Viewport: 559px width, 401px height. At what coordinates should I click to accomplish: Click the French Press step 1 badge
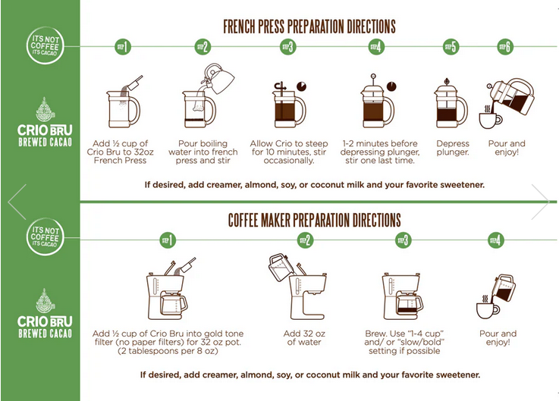[x=123, y=47]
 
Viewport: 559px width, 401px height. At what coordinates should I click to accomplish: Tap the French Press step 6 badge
[x=505, y=47]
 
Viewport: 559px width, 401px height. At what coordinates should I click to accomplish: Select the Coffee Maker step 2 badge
[x=306, y=240]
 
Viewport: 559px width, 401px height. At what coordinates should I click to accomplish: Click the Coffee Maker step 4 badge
[x=496, y=240]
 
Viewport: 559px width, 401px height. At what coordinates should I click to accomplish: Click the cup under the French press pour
[x=490, y=120]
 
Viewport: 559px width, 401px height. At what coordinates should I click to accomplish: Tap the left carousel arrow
[x=17, y=202]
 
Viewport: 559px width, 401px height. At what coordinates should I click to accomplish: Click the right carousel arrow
[x=541, y=202]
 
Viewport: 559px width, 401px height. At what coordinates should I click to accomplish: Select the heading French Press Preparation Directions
[x=309, y=27]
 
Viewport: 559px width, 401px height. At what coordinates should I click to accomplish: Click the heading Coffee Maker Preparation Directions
[x=315, y=220]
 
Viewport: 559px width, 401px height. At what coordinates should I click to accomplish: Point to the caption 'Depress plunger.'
[x=453, y=148]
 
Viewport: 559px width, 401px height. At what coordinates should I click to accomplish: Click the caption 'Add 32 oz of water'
[x=304, y=337]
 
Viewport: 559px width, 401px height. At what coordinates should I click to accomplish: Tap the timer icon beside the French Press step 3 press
[x=302, y=86]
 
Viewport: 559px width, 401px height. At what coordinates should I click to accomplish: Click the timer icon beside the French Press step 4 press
[x=391, y=86]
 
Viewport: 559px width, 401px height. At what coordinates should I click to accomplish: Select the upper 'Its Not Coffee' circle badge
[x=46, y=45]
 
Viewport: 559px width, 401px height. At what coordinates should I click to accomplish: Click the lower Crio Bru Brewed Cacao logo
[x=45, y=313]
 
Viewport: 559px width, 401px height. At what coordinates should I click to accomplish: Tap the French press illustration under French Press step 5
[x=451, y=103]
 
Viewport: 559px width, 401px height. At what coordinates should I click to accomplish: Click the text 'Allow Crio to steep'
[x=289, y=143]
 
